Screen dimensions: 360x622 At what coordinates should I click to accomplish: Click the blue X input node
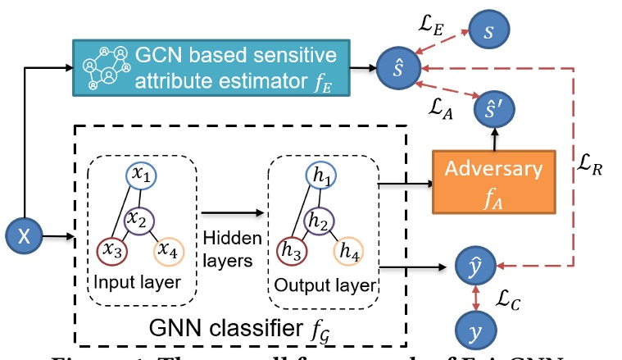pyautogui.click(x=25, y=237)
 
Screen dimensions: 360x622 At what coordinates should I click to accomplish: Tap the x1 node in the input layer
pyautogui.click(x=140, y=176)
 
